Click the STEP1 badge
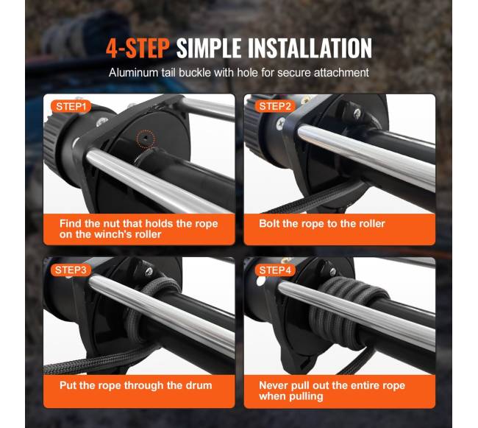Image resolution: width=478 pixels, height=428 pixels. click(x=71, y=107)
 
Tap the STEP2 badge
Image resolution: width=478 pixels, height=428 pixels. click(x=275, y=107)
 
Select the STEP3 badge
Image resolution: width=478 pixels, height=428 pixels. click(x=71, y=270)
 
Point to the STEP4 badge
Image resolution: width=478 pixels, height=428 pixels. click(x=275, y=270)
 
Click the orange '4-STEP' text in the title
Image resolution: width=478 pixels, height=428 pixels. click(x=138, y=48)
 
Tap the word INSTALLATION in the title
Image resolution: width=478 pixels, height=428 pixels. click(x=310, y=48)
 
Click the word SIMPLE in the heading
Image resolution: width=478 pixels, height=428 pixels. click(x=210, y=48)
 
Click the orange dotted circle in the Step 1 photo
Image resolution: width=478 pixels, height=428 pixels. click(x=146, y=139)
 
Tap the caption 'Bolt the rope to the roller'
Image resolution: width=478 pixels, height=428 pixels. click(x=322, y=223)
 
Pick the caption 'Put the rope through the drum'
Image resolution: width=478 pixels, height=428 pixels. click(x=135, y=385)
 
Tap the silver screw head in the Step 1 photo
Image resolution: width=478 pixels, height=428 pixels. click(x=101, y=122)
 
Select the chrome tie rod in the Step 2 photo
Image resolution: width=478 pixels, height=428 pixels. click(x=365, y=158)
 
